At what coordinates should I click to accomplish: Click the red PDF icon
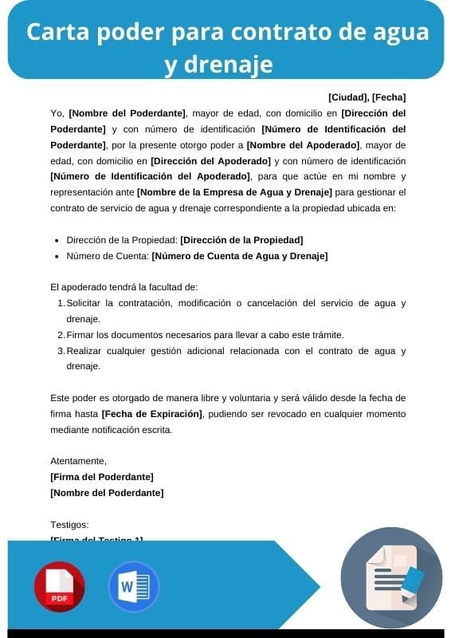coord(59,586)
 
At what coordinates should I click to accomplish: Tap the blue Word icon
coord(133,586)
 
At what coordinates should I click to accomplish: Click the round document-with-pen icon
coord(390,578)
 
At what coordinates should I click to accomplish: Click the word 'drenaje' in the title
coord(218,63)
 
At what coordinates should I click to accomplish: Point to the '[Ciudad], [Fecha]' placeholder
coord(367,97)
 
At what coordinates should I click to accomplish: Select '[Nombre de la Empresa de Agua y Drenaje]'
coord(234,192)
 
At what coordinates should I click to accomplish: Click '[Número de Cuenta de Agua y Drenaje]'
coord(239,256)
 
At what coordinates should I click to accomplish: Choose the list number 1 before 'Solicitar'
coord(61,303)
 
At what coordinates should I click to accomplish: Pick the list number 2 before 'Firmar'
coord(61,335)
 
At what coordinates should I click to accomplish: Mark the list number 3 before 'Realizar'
coord(61,351)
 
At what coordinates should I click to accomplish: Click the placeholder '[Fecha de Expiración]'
coord(152,414)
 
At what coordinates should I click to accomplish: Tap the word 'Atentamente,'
coord(78,461)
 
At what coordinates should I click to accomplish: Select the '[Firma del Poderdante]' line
coord(101,477)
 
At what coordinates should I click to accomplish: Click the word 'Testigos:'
coord(69,525)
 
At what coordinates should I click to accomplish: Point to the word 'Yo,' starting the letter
coord(57,113)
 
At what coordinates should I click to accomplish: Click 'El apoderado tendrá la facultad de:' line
coord(124,287)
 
